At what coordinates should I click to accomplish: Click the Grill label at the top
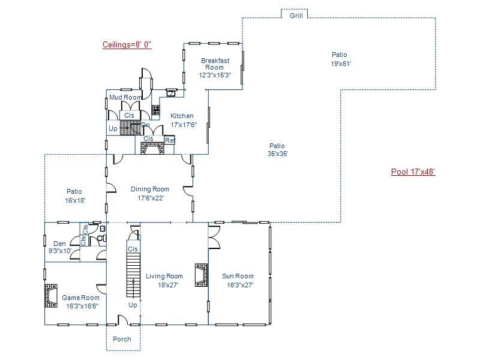[296, 16]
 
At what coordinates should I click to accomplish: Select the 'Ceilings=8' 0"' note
[127, 44]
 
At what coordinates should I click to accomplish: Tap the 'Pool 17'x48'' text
[413, 172]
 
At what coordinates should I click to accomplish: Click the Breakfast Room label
[215, 61]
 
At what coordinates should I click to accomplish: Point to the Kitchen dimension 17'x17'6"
[184, 125]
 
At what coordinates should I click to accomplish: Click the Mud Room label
[125, 97]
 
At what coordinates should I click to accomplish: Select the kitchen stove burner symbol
[156, 110]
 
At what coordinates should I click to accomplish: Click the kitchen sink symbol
[171, 92]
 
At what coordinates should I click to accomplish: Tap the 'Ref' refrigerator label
[170, 141]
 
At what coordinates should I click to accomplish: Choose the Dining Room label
[150, 190]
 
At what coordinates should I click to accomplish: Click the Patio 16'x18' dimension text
[75, 201]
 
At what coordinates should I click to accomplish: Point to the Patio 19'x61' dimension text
[340, 64]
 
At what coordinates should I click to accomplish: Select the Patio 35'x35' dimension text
[277, 154]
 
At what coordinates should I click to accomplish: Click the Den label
[59, 244]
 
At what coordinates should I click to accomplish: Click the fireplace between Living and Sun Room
[201, 275]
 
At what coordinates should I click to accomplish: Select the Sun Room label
[238, 277]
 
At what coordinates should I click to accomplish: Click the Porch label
[122, 339]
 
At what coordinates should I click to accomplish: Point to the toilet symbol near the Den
[101, 238]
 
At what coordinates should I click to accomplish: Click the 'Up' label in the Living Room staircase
[133, 305]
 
